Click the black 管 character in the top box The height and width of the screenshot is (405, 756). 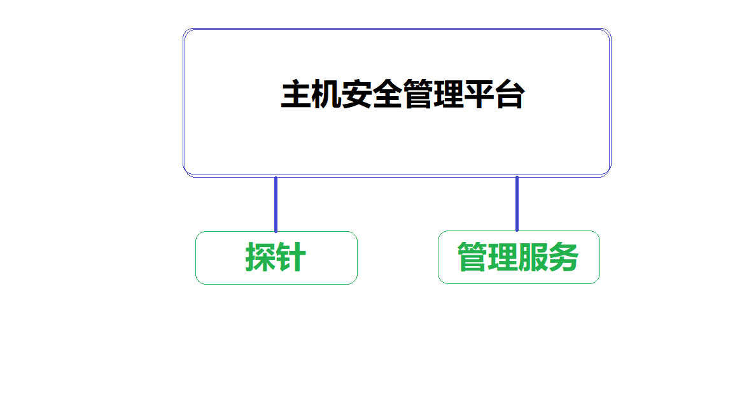pos(417,95)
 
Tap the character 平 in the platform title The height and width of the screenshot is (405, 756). pos(479,95)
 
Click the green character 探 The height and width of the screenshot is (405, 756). pos(260,257)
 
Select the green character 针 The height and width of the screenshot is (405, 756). pos(291,257)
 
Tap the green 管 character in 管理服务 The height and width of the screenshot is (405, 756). pos(472,257)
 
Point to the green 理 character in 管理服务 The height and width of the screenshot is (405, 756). pos(503,257)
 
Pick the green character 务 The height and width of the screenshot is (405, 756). pos(564,257)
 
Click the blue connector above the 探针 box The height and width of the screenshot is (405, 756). pos(276,204)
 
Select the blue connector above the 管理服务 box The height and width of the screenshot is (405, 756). pos(517,204)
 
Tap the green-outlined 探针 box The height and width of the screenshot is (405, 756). pos(276,258)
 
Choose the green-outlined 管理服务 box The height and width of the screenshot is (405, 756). pos(519,257)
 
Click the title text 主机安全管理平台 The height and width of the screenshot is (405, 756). pos(403,95)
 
